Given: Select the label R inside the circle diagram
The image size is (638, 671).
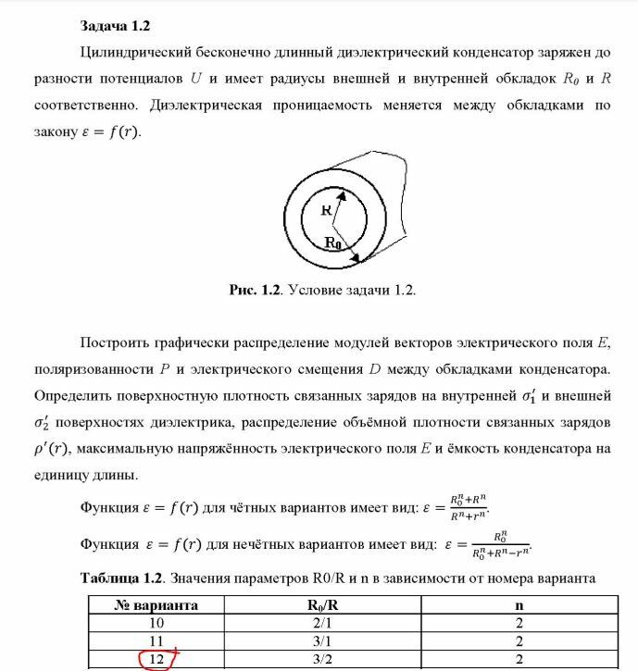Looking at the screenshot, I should coord(326,211).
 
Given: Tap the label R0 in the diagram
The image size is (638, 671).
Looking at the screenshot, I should coord(332,242).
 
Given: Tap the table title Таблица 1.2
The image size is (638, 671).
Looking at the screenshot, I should coord(121,578).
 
